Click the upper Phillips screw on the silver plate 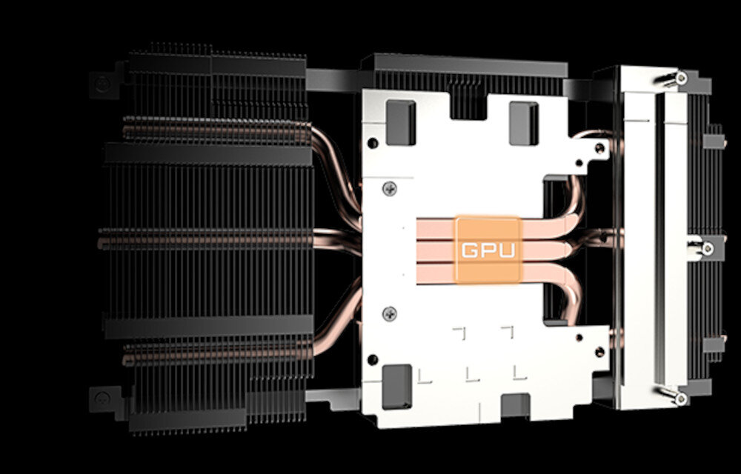click(x=391, y=191)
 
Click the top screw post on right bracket click(x=679, y=76)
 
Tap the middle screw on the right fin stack click(x=702, y=247)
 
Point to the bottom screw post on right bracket click(x=679, y=398)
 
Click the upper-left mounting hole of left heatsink click(x=104, y=83)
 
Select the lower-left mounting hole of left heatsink click(x=103, y=399)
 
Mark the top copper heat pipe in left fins click(x=215, y=132)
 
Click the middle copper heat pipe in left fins click(x=215, y=239)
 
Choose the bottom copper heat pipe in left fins click(x=215, y=355)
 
